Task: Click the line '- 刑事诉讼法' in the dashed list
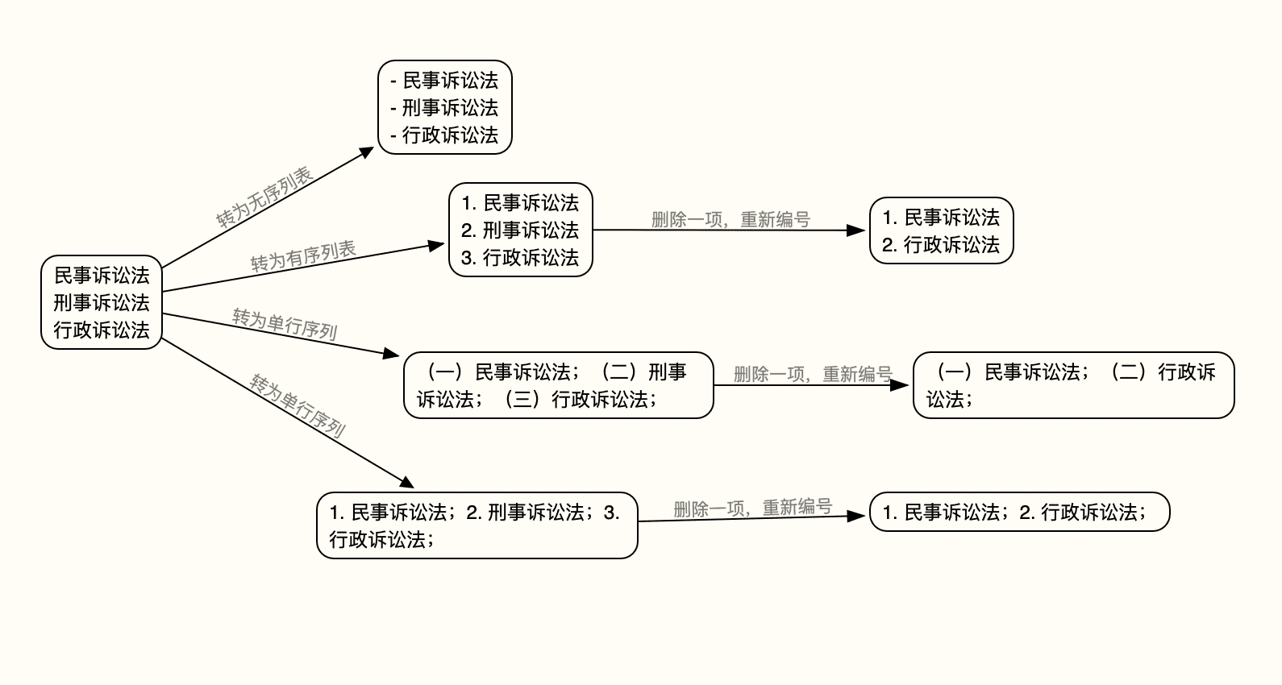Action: pyautogui.click(x=444, y=108)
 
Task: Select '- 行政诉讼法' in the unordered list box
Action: pyautogui.click(x=444, y=135)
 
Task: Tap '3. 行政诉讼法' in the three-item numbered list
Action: pyautogui.click(x=520, y=258)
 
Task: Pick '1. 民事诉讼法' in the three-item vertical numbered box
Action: pyautogui.click(x=520, y=203)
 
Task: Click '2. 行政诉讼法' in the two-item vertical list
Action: pyautogui.click(x=941, y=245)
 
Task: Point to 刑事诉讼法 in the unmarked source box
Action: pyautogui.click(x=102, y=303)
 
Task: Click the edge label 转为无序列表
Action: pyautogui.click(x=264, y=197)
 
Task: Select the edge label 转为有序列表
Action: pyautogui.click(x=303, y=256)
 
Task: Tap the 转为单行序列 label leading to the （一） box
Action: pyautogui.click(x=285, y=323)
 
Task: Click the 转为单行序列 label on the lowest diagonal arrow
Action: pyautogui.click(x=298, y=405)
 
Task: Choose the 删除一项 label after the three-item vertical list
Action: pyautogui.click(x=730, y=219)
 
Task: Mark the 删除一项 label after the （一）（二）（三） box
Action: pyautogui.click(x=813, y=374)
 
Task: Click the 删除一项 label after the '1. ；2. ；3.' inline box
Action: pyautogui.click(x=752, y=509)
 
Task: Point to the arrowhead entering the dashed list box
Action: pyautogui.click(x=368, y=151)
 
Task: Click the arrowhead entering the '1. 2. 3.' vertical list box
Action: pyautogui.click(x=439, y=244)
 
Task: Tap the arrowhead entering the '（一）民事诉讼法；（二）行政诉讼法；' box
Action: pyautogui.click(x=904, y=385)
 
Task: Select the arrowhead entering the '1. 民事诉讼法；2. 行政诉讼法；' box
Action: pyautogui.click(x=860, y=516)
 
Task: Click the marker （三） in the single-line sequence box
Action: pyautogui.click(x=522, y=400)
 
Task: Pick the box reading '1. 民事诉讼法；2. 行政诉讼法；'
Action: pyautogui.click(x=1019, y=512)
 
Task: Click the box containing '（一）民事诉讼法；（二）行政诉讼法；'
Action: pyautogui.click(x=1073, y=385)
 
